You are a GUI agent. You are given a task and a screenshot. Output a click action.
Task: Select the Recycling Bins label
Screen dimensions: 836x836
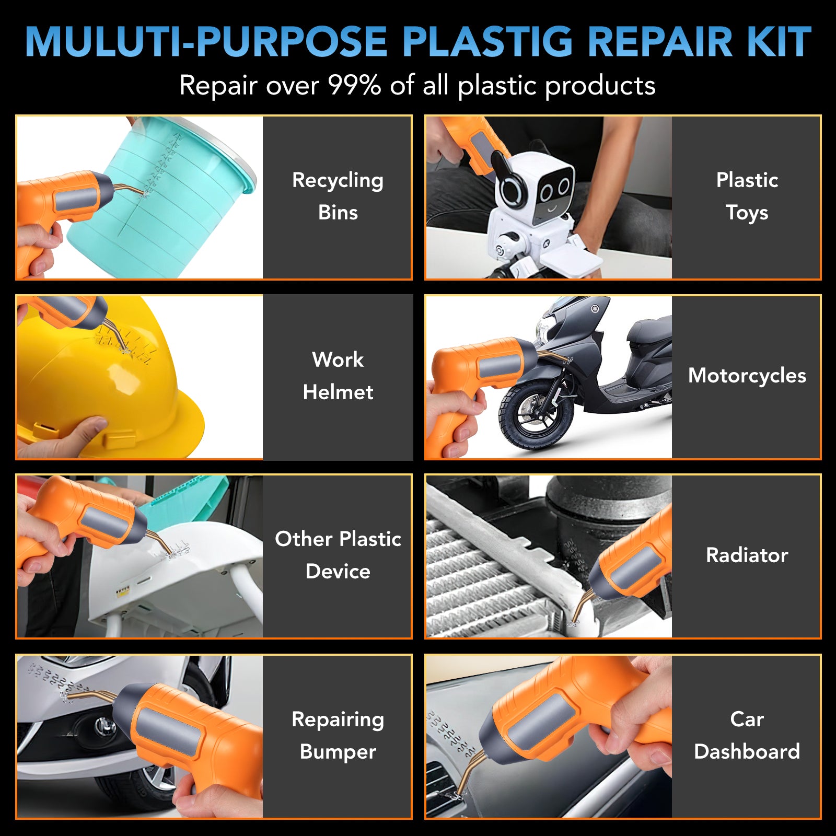click(338, 196)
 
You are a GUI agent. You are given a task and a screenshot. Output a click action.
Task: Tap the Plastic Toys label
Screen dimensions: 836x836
click(747, 196)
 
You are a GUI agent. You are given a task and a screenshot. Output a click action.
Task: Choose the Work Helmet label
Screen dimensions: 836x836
click(338, 376)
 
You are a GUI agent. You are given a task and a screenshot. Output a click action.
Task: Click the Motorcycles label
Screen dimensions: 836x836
click(747, 376)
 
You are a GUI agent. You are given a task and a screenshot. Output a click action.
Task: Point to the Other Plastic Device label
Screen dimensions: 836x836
click(338, 555)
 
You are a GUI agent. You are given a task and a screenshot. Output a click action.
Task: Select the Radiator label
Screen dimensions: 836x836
click(747, 555)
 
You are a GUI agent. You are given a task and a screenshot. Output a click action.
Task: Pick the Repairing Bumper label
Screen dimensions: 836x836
click(338, 735)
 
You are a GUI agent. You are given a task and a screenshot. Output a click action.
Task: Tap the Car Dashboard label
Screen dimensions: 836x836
click(747, 735)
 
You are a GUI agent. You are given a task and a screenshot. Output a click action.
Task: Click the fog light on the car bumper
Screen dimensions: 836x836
click(104, 725)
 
